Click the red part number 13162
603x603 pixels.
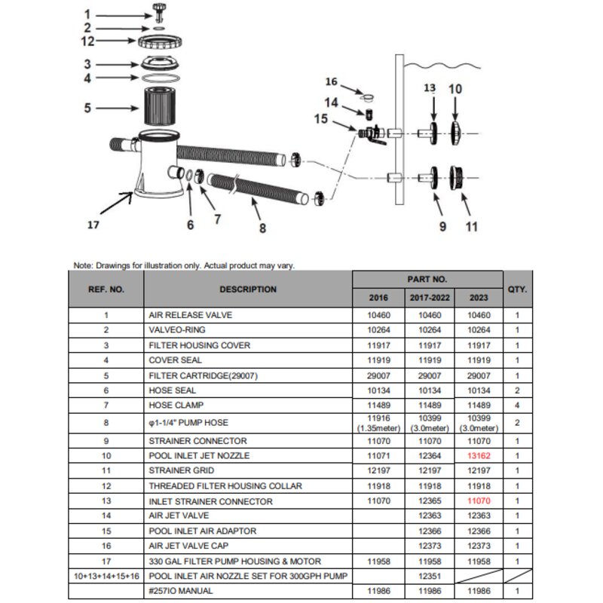click(479, 456)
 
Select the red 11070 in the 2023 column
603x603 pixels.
click(479, 500)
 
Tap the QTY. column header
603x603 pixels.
click(517, 289)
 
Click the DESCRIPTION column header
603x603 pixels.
click(248, 289)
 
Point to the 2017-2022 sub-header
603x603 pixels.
click(430, 298)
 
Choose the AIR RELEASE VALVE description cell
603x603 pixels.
click(191, 315)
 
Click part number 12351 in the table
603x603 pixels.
click(430, 576)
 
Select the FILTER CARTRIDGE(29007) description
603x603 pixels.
click(203, 375)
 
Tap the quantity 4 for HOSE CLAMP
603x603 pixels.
click(517, 405)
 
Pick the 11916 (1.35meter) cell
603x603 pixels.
click(379, 423)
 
